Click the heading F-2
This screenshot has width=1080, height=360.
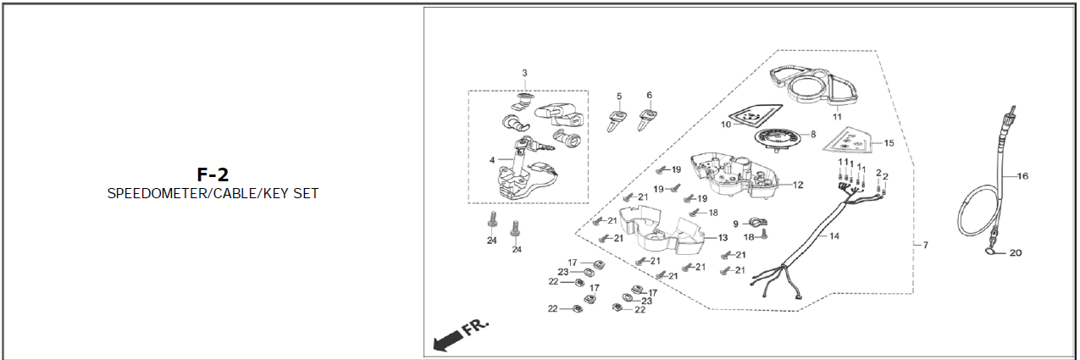pos(213,174)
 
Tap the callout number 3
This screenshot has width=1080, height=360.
pos(524,73)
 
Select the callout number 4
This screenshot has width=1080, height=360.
pos(490,159)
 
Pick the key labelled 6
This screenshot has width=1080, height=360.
pos(649,116)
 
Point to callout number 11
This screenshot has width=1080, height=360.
pos(837,115)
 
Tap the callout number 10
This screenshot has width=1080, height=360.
pos(726,125)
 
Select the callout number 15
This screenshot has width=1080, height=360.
pos(889,142)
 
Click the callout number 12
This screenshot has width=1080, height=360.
pos(798,184)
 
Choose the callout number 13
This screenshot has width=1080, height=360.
pos(723,237)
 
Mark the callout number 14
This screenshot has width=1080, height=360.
pos(834,235)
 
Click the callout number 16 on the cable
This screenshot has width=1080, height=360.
pos(1022,176)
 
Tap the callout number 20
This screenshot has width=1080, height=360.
pos(1016,252)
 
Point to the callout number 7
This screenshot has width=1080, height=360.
pos(925,245)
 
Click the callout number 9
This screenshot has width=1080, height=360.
pos(735,224)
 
